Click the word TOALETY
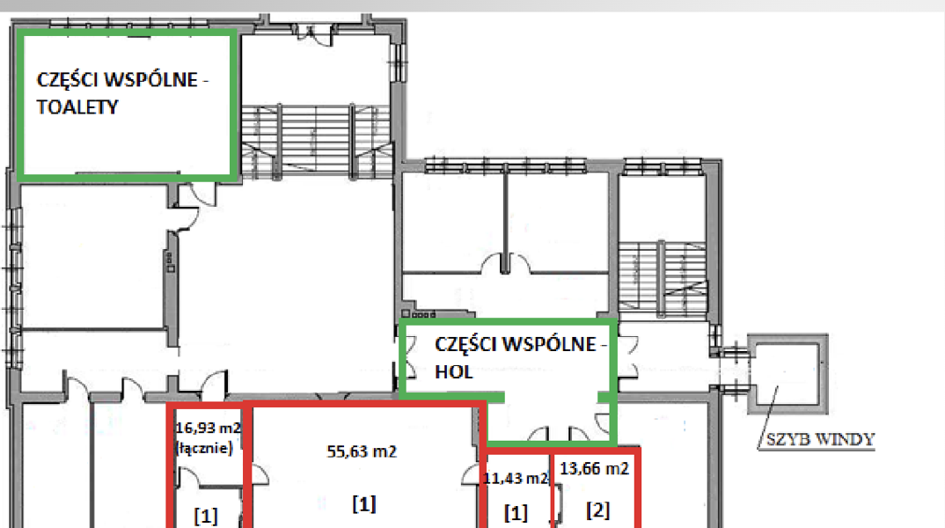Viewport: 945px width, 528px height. point(77,107)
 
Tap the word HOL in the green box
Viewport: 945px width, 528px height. point(453,372)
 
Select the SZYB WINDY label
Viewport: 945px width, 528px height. point(820,439)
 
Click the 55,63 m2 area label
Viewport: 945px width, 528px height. point(362,451)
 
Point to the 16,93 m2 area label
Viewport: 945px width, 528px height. point(208,428)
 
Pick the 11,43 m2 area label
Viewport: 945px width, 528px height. point(516,479)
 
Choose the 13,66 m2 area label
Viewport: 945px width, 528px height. point(594,468)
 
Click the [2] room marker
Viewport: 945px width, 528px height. point(597,510)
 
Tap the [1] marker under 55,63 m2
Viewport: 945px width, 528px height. point(364,503)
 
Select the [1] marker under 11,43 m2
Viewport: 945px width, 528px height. point(516,513)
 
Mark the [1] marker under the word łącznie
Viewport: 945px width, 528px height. point(206,516)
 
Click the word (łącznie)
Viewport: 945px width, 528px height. point(204,448)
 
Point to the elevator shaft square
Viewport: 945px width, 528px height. point(787,374)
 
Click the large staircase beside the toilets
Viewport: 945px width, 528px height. point(317,142)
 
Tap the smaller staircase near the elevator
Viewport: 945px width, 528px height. point(663,278)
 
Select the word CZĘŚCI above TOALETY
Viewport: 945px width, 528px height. point(66,79)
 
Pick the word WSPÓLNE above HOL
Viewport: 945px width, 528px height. point(549,344)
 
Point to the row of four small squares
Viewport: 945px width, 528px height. point(418,314)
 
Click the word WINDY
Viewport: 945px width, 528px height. point(848,439)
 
